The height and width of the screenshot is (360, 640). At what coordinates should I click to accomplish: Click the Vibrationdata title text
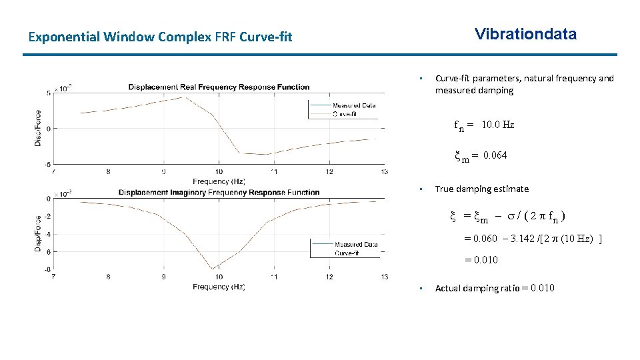point(525,35)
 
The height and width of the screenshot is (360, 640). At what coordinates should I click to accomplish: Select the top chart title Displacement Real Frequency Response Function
point(219,87)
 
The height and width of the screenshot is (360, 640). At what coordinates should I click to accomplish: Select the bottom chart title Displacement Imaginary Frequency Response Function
point(219,192)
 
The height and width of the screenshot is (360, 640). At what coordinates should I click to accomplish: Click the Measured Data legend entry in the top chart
point(354,105)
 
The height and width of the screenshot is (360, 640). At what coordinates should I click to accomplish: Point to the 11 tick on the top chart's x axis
point(274,171)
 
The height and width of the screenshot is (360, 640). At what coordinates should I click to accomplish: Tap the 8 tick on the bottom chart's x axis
point(109,277)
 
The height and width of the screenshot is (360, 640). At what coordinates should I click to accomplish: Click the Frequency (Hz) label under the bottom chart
point(219,287)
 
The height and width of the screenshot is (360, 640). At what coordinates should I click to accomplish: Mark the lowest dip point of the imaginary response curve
point(213,269)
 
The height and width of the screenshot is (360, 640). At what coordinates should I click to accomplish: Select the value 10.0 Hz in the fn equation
point(497,125)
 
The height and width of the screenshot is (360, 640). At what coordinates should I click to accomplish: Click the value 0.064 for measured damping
point(495,155)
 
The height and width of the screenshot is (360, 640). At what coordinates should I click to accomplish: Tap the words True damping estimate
point(481,189)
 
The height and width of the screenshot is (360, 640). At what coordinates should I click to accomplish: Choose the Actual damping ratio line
point(494,288)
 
